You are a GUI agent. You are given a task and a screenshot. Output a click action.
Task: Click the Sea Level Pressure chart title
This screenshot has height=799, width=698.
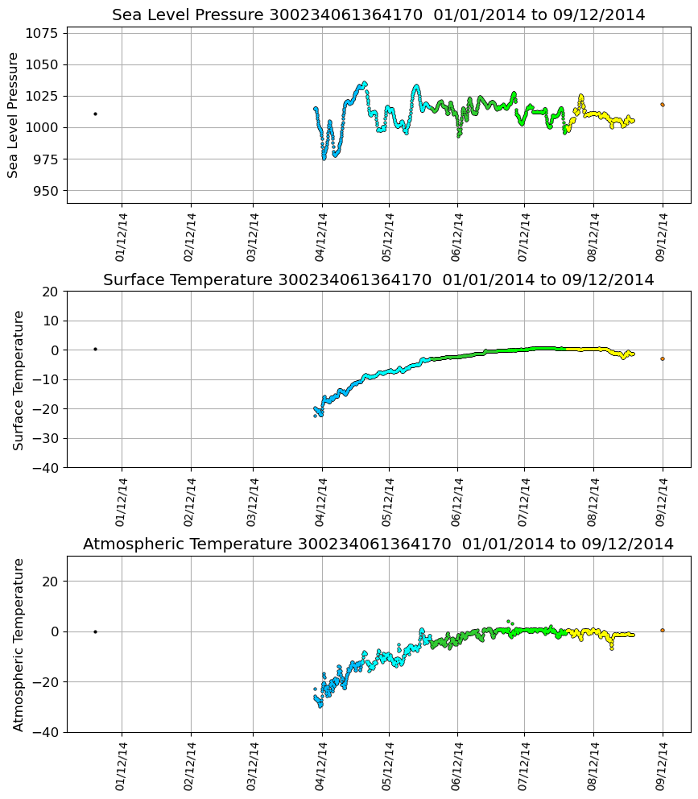[x=378, y=15]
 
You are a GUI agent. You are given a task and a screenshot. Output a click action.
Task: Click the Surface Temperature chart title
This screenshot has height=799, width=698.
[x=378, y=280]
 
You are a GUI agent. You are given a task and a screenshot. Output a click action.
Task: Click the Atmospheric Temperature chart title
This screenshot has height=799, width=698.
[x=378, y=544]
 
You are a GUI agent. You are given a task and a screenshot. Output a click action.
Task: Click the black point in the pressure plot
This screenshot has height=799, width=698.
[x=95, y=114]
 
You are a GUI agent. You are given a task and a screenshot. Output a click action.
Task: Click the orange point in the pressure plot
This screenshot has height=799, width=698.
[x=663, y=105]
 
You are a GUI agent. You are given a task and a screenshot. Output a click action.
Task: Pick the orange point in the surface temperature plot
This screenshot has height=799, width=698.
[x=663, y=359]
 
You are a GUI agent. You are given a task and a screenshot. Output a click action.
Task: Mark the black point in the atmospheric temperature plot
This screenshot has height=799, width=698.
[x=95, y=631]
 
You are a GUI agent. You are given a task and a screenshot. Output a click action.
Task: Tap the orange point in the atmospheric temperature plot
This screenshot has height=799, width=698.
[x=663, y=630]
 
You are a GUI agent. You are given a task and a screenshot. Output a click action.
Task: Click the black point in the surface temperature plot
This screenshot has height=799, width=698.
[x=95, y=349]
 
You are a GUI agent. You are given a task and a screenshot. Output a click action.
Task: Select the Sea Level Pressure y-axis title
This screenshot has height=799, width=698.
[x=14, y=115]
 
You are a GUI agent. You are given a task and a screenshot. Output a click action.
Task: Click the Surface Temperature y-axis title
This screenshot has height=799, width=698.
[x=19, y=379]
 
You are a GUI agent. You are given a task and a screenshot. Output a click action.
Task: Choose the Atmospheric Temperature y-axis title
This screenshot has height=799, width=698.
[x=19, y=644]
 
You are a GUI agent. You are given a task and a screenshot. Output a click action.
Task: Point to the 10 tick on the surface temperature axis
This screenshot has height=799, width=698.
[x=51, y=321]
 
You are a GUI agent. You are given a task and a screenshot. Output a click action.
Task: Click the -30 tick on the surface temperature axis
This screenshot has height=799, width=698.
[x=47, y=438]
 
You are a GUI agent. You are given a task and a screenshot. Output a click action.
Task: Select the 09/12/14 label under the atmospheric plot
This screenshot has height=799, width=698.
[x=661, y=767]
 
